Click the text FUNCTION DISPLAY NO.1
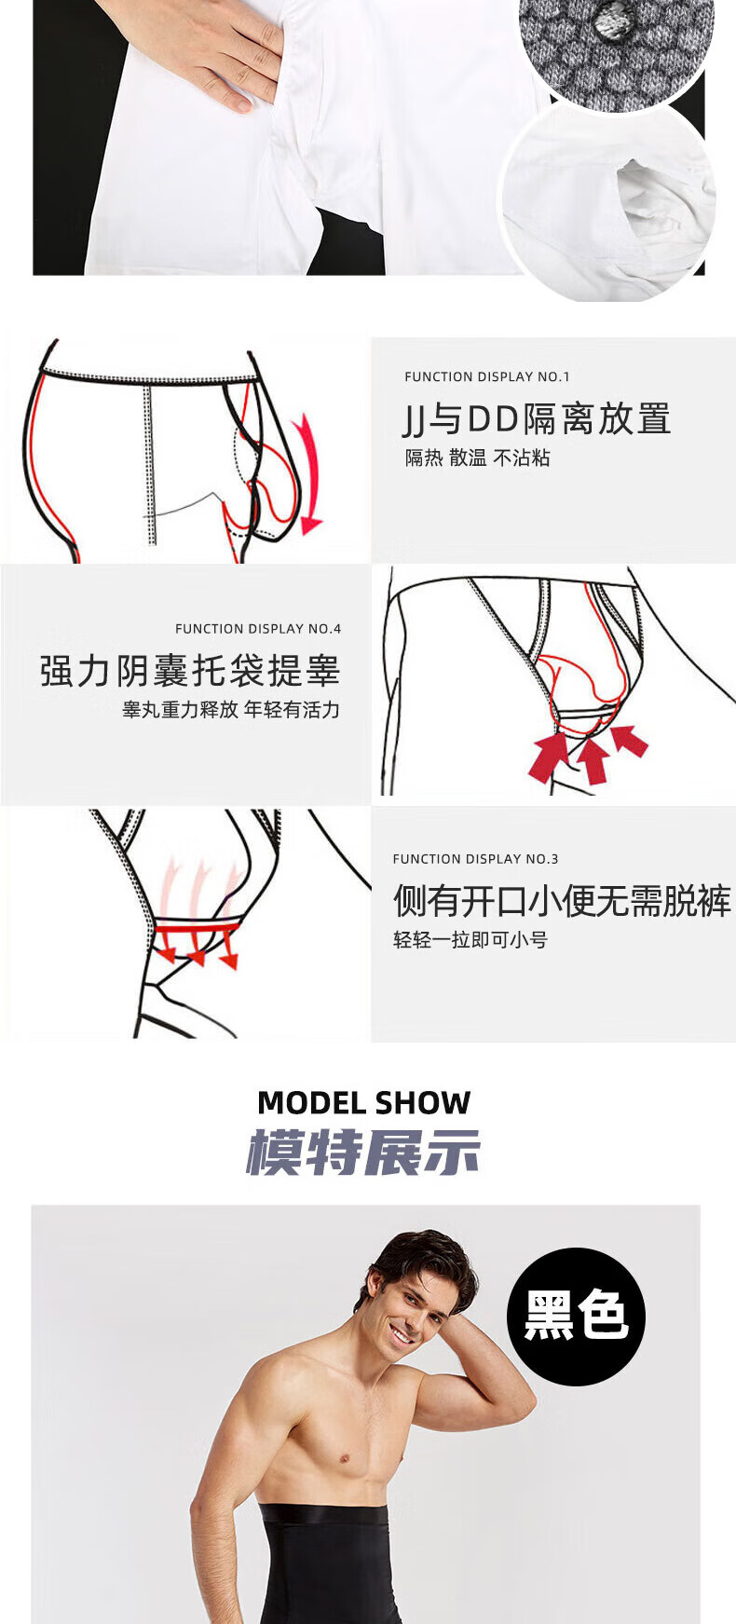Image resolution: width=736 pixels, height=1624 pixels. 486,376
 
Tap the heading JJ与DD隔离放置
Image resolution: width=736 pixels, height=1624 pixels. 537,419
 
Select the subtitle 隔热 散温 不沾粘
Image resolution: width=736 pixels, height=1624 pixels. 477,457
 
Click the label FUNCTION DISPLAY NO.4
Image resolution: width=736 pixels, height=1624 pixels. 258,629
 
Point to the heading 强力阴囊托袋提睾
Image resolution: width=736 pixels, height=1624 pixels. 190,671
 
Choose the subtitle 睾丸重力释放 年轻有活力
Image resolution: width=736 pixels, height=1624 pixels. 231,710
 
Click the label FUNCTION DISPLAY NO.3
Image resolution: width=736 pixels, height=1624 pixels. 475,859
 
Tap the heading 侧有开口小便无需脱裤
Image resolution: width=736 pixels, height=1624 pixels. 562,901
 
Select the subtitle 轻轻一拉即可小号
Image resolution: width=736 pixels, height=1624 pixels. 470,940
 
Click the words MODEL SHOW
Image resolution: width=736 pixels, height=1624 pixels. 363,1103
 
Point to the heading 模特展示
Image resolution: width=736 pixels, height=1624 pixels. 363,1153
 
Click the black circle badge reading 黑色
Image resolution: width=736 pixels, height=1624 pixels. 576,1316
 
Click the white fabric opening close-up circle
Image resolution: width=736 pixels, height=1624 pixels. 610,200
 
